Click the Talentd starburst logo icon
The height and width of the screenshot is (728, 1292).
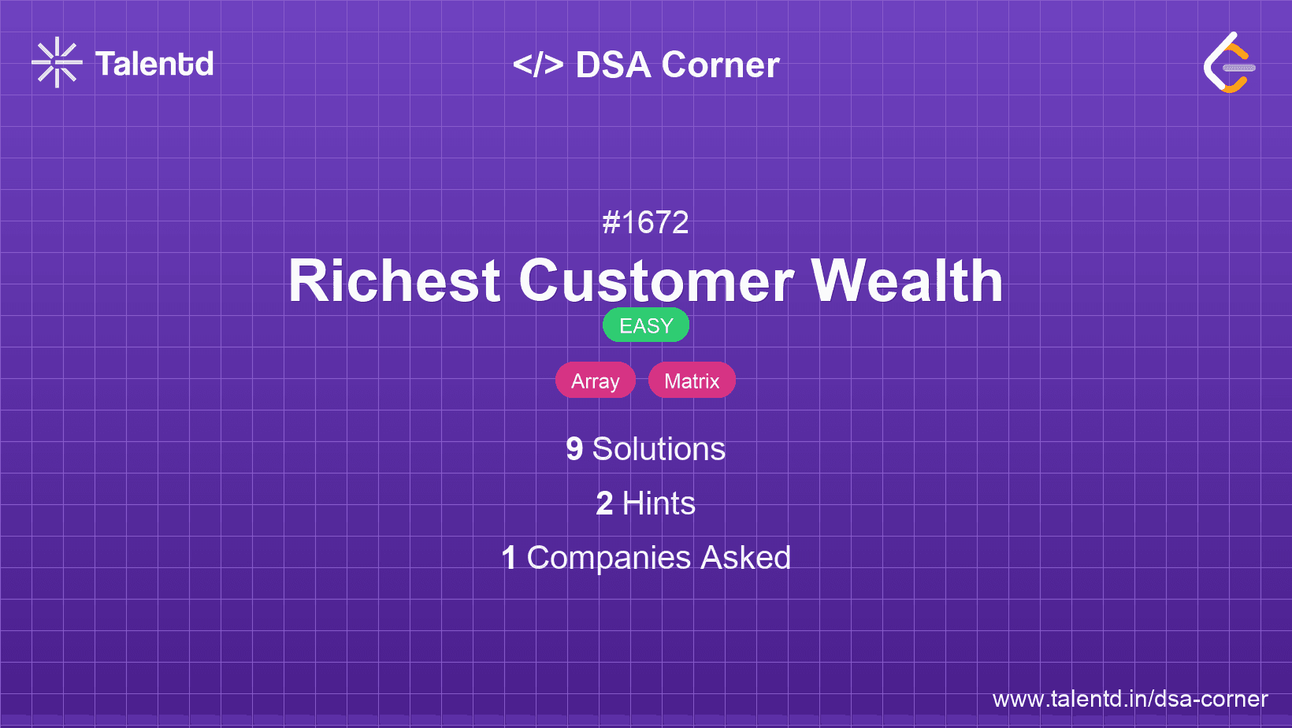57,62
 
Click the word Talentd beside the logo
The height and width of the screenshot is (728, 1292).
154,64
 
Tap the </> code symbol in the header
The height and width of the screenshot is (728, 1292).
538,64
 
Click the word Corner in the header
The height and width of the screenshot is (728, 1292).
721,65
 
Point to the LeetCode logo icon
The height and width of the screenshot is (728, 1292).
1230,62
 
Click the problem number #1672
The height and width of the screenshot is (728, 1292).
645,222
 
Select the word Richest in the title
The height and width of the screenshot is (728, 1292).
395,280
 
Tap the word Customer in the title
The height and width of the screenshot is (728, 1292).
656,280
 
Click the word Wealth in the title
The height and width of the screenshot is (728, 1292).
908,280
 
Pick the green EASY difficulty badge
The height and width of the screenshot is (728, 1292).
646,325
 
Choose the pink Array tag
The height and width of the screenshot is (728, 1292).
596,381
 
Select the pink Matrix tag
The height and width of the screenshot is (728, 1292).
692,381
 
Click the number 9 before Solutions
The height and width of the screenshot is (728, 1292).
574,449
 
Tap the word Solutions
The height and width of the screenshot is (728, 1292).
659,449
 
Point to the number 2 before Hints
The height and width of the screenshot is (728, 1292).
604,503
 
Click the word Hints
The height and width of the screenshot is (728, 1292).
659,503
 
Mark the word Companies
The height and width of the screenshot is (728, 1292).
608,558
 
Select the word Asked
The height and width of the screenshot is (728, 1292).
745,558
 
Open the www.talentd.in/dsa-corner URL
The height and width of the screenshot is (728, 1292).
1130,699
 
